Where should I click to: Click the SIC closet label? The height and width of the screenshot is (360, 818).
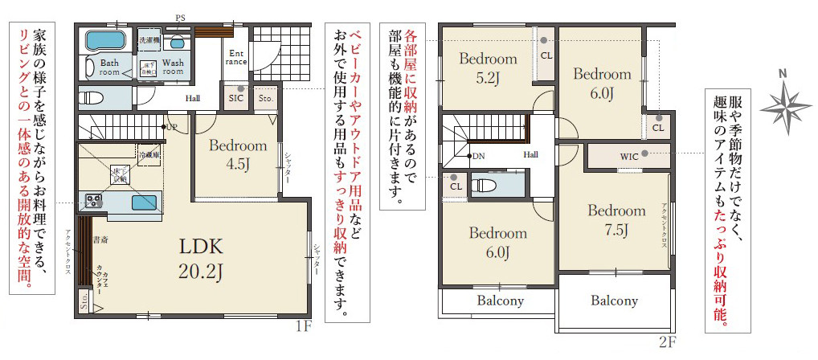point(236,98)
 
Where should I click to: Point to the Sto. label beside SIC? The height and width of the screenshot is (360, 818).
point(266,98)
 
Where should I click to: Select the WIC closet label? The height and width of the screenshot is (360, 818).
point(629,156)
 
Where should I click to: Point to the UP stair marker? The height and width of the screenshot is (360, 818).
point(172,127)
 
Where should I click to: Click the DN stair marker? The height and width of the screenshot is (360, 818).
point(479,156)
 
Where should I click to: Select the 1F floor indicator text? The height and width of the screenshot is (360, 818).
point(302,326)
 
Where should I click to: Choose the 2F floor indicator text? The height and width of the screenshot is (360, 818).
point(667,342)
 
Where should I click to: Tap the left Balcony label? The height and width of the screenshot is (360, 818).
point(500,301)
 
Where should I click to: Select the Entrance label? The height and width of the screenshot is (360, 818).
point(236,56)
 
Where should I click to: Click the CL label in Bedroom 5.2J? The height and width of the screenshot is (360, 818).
point(546,55)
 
